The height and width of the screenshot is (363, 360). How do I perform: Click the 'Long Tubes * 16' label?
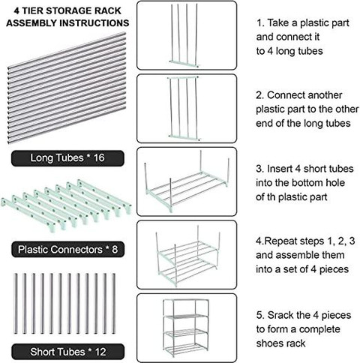(x=67, y=158)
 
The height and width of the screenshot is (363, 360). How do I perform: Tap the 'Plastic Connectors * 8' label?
(x=67, y=249)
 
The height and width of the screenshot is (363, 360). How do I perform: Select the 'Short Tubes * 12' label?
(x=68, y=352)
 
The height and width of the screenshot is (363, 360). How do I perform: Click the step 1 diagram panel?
(x=187, y=35)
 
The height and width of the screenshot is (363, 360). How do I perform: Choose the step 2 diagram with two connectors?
(x=187, y=109)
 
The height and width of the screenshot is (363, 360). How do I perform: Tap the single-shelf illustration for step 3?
(x=187, y=181)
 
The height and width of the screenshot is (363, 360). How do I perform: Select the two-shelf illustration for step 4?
(x=187, y=255)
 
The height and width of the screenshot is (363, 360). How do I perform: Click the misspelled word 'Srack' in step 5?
(x=280, y=315)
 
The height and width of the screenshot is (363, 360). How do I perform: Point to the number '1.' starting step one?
(x=260, y=23)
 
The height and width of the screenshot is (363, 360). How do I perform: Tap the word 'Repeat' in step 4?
(x=280, y=241)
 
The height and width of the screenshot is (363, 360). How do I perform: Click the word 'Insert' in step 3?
(x=280, y=169)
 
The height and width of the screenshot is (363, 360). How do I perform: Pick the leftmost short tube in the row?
(x=16, y=304)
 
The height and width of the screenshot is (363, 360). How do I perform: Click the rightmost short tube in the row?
(x=113, y=304)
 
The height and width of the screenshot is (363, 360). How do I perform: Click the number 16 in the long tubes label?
(x=99, y=158)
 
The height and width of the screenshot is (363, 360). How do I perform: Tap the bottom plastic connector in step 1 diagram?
(x=184, y=64)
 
